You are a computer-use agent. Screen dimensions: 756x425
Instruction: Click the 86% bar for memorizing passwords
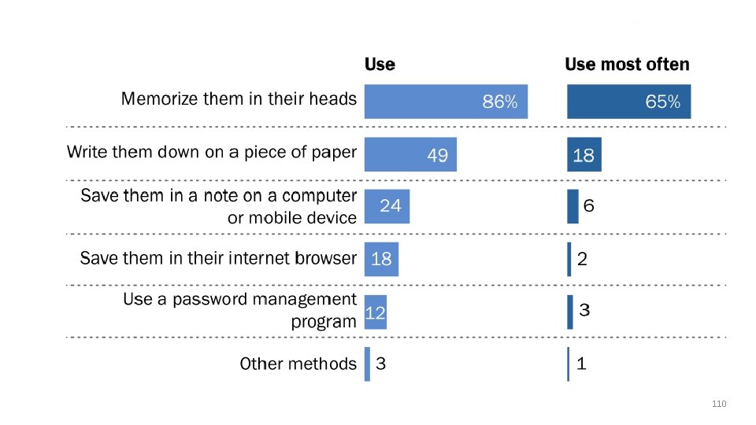point(446,102)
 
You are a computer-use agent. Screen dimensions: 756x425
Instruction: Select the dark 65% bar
point(628,102)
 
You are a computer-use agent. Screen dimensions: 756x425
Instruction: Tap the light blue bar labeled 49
point(410,155)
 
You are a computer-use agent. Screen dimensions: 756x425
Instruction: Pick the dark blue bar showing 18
point(584,155)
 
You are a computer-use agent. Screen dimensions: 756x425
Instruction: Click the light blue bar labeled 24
point(387,206)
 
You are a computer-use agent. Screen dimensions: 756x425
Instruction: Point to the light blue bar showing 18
point(381,259)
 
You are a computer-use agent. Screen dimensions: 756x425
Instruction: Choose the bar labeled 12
point(376,312)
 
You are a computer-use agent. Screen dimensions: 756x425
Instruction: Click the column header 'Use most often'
point(628,65)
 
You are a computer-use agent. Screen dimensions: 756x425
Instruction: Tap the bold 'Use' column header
point(380,65)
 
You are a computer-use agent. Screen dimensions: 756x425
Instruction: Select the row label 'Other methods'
point(298,364)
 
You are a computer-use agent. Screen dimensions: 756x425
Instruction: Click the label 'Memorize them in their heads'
point(239,99)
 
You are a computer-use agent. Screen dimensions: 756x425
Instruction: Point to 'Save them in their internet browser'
point(218,258)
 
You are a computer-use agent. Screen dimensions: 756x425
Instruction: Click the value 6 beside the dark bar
point(589,205)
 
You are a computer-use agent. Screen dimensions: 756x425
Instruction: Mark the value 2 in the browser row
point(583,259)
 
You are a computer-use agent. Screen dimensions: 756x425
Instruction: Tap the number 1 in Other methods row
point(581,364)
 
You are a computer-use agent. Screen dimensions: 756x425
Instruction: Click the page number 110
point(719,404)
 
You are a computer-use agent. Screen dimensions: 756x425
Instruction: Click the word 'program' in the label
point(324,322)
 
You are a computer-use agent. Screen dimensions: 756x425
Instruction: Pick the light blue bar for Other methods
point(368,364)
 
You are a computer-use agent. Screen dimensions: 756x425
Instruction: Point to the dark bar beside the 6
point(573,206)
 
